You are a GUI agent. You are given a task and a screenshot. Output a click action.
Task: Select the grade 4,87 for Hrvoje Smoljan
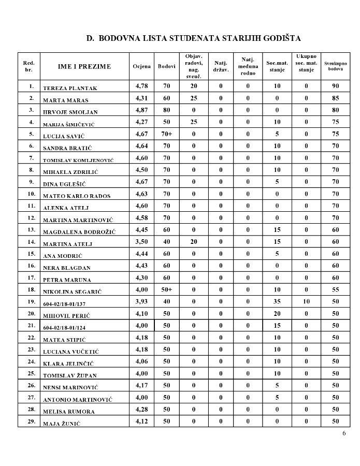pyautogui.click(x=142, y=110)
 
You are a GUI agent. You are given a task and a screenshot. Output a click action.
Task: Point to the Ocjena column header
pyautogui.click(x=142, y=66)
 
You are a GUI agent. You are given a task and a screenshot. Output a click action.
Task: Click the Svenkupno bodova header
pyautogui.click(x=336, y=66)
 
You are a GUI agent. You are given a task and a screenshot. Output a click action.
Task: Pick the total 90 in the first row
pyautogui.click(x=336, y=86)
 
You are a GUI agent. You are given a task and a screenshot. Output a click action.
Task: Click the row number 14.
pyautogui.click(x=31, y=242)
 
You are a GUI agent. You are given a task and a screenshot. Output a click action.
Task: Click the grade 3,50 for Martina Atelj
pyautogui.click(x=142, y=242)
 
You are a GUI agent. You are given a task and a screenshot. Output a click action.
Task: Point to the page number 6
pyautogui.click(x=344, y=433)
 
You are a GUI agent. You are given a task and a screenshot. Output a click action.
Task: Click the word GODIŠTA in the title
pyautogui.click(x=281, y=38)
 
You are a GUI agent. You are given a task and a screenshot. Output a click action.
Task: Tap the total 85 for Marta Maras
pyautogui.click(x=336, y=98)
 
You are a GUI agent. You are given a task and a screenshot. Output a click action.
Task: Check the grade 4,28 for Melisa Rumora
pyautogui.click(x=142, y=409)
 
